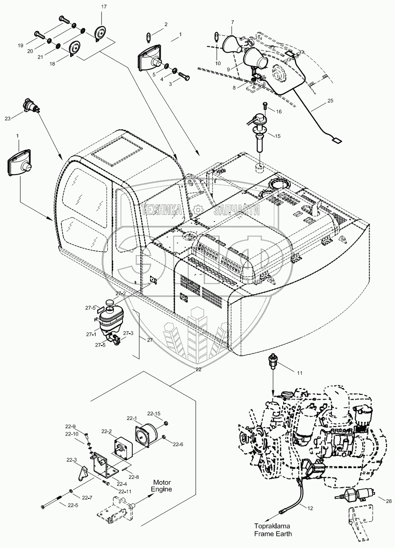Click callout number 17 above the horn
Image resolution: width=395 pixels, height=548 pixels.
click(x=104, y=8)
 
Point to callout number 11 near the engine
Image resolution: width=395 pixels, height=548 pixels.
click(x=300, y=373)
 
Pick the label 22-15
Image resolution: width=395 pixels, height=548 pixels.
click(x=154, y=414)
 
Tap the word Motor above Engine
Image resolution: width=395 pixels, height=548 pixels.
click(x=162, y=482)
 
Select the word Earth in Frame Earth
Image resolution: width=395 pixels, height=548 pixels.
click(x=284, y=534)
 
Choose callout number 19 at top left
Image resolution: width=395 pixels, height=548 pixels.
click(x=20, y=46)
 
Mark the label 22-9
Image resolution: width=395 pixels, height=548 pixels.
click(x=71, y=427)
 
